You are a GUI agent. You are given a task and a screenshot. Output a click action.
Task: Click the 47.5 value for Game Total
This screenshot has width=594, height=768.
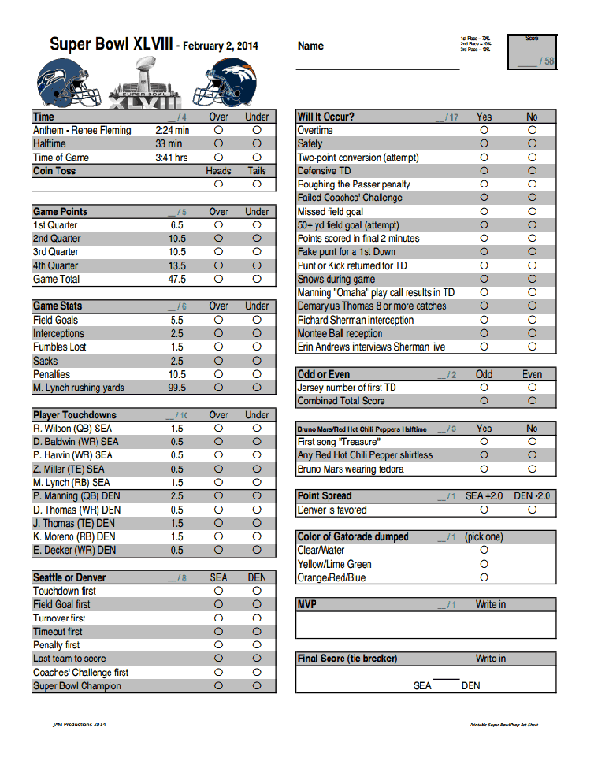point(176,279)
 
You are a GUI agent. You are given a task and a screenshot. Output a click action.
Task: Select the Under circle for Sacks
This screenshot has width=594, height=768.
point(257,361)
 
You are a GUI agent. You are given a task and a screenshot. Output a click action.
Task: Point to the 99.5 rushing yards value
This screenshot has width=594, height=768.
point(176,388)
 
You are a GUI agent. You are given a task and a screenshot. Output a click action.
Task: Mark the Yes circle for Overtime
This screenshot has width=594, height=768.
point(484,131)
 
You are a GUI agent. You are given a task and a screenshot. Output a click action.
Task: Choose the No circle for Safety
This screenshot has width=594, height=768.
point(532,145)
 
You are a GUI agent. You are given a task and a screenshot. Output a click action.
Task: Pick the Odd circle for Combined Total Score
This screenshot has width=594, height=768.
point(484,402)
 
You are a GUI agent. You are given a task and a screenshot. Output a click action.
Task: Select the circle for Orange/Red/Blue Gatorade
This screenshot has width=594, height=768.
point(484,577)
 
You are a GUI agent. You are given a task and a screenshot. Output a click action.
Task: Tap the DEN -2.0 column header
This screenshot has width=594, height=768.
point(532,496)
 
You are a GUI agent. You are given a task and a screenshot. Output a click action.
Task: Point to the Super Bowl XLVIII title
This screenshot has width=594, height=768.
point(110,45)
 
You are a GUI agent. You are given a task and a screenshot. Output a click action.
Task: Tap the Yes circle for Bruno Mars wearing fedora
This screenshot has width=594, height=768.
point(484,469)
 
